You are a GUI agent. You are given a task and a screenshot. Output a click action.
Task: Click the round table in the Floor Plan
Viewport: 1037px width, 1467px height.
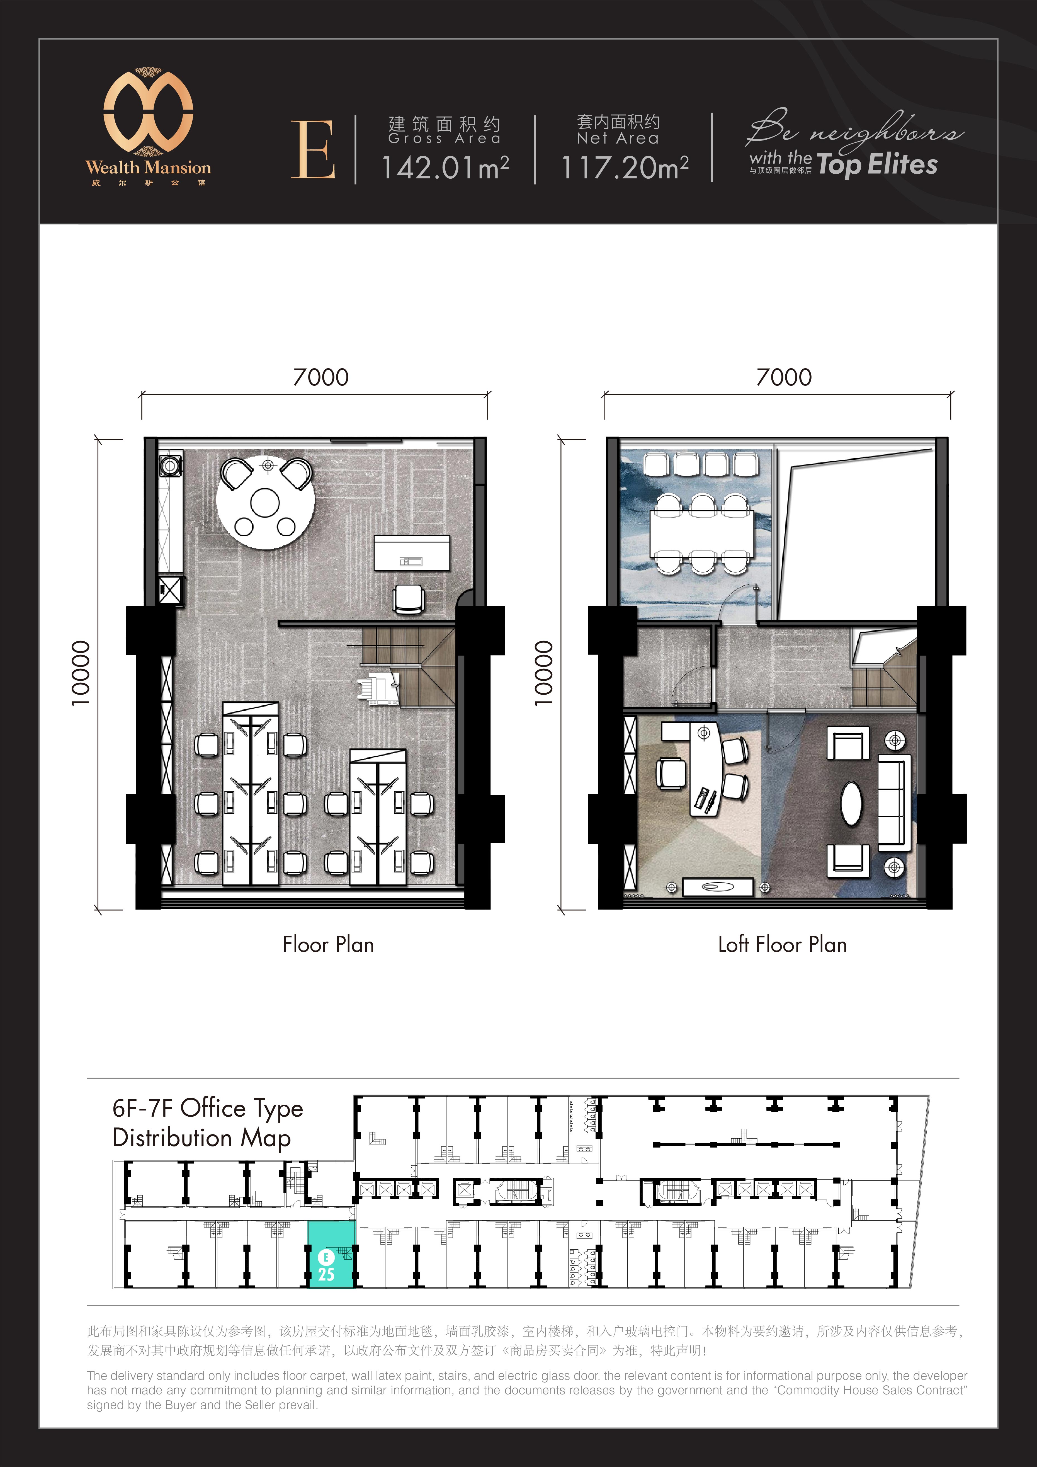click(x=264, y=501)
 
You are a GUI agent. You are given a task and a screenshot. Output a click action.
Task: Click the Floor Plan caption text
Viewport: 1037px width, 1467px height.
click(x=328, y=944)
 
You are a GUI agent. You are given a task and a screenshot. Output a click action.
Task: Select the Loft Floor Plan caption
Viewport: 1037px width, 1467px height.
click(x=782, y=944)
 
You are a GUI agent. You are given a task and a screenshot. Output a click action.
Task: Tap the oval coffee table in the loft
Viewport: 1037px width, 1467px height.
click(x=851, y=803)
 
